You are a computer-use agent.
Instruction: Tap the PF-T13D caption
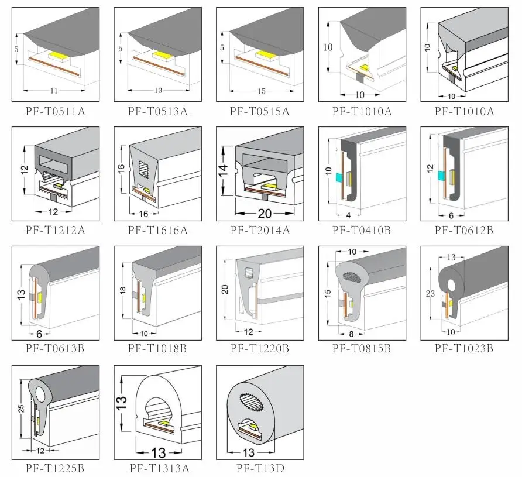click(x=260, y=468)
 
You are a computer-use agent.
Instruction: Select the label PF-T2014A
click(x=260, y=230)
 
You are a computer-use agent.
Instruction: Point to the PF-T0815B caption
click(x=362, y=349)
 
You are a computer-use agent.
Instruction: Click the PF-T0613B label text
click(x=55, y=349)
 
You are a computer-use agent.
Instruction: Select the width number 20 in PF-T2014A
click(x=265, y=213)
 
